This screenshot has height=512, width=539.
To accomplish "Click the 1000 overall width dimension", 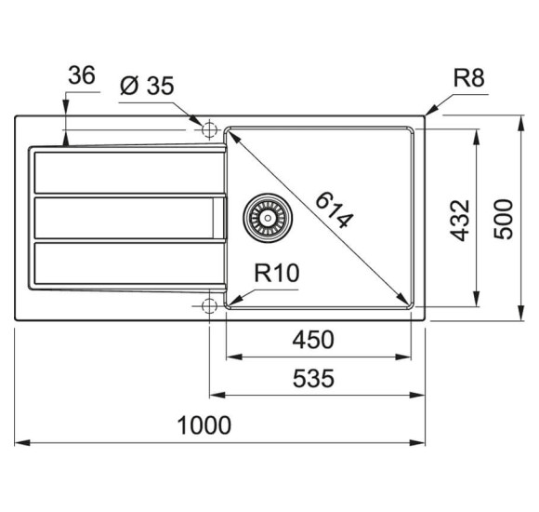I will pyautogui.click(x=204, y=425).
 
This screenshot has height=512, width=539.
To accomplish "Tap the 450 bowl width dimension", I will pyautogui.click(x=313, y=340).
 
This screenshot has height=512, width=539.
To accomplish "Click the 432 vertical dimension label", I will pyautogui.click(x=460, y=220).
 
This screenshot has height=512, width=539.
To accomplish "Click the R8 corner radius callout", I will pyautogui.click(x=468, y=78).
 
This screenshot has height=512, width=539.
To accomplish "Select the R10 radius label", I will pyautogui.click(x=276, y=273).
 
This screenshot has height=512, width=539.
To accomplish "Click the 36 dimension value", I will pyautogui.click(x=83, y=76).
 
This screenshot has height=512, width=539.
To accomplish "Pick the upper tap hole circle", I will pyautogui.click(x=209, y=128).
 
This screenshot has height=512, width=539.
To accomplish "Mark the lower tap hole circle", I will pyautogui.click(x=209, y=305).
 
